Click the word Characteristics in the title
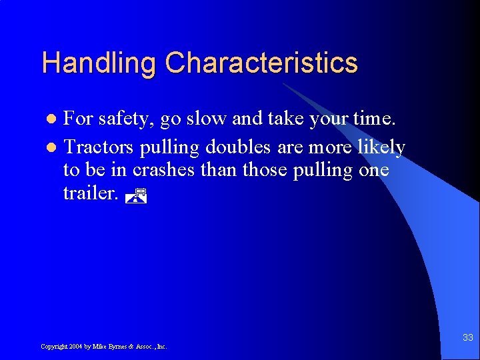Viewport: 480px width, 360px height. tap(261, 63)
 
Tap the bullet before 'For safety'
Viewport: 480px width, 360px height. tap(55, 119)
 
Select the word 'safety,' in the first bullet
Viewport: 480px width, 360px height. tap(126, 120)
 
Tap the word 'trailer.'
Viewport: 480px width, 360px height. tap(92, 193)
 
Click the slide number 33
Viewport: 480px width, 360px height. tap(467, 339)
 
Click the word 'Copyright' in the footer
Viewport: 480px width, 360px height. tap(53, 347)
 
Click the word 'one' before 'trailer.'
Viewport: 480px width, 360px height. tap(374, 170)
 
